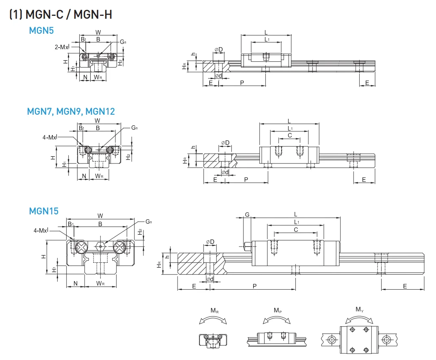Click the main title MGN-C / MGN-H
coord(61,15)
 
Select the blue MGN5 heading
coord(41,31)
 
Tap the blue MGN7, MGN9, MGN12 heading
coord(71,111)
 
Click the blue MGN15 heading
coord(44,211)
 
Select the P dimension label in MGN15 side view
coord(254,286)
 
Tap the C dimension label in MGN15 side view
coord(296,230)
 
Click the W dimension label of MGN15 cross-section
coord(100,216)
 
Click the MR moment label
coord(214,310)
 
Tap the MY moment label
coord(359,310)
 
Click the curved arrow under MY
coord(359,319)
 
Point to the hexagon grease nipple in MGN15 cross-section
coord(100,247)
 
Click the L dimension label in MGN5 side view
coord(266,32)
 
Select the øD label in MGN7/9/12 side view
coord(225,143)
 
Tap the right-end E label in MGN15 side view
coord(405,286)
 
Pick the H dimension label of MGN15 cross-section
coord(43,257)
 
